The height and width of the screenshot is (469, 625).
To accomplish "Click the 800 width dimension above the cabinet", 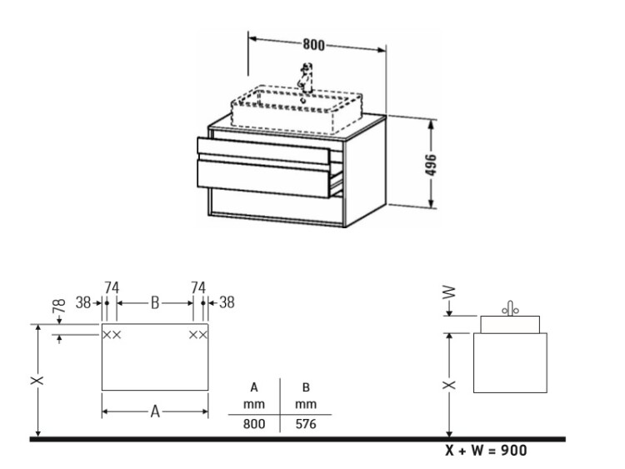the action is [x=313, y=44].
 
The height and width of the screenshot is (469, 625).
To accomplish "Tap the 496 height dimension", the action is [x=431, y=164].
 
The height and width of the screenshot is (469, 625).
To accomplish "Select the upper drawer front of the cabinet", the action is [x=263, y=151].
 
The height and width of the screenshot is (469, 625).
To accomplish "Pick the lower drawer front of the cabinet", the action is [x=263, y=178].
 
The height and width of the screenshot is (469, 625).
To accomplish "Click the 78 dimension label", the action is [x=59, y=306].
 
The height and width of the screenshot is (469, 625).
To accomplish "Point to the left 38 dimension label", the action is [x=83, y=303].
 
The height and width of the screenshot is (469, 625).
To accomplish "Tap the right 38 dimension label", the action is [x=227, y=302].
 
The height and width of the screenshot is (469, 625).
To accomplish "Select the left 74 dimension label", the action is [x=112, y=287].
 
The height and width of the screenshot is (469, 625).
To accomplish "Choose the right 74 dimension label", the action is [x=198, y=287].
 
